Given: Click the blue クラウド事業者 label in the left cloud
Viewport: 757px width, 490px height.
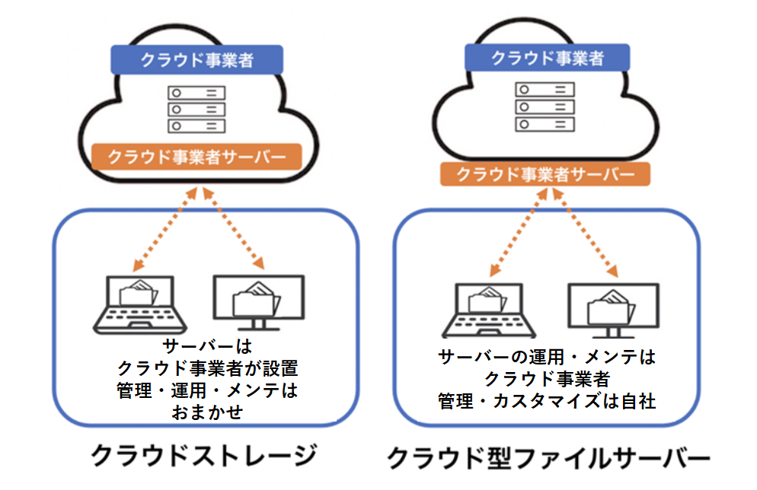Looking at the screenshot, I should [x=196, y=60].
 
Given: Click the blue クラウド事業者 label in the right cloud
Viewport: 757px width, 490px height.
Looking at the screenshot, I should [x=547, y=58].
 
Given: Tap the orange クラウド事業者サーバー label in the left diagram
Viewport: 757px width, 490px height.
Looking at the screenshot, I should [x=196, y=157].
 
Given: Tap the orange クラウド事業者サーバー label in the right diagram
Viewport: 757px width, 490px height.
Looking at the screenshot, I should [x=545, y=173].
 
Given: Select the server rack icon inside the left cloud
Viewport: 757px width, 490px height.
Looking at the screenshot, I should [x=196, y=109].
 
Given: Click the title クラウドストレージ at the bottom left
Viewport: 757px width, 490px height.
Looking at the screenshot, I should [x=203, y=455].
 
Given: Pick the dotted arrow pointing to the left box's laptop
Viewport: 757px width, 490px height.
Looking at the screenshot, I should [x=167, y=228].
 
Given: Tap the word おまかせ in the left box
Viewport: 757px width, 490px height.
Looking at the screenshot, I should [x=206, y=413].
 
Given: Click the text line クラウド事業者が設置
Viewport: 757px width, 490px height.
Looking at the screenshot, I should [x=206, y=369].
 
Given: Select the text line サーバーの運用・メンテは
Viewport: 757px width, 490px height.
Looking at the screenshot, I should [x=546, y=356].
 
